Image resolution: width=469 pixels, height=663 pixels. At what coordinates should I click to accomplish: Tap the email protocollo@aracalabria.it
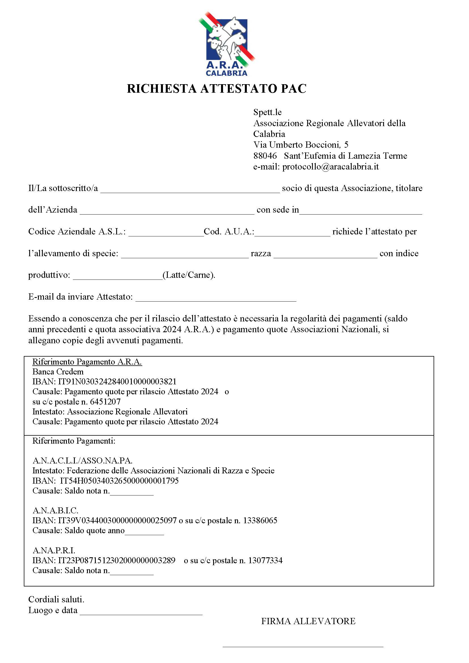tap(330, 167)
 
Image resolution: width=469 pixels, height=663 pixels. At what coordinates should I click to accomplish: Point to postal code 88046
tap(265, 156)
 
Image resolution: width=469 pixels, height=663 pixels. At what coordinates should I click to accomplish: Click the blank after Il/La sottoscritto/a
tap(190, 189)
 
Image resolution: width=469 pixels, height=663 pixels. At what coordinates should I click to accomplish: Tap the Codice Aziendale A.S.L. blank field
tap(166, 232)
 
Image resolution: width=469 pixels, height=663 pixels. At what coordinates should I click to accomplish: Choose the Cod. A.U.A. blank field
tap(292, 232)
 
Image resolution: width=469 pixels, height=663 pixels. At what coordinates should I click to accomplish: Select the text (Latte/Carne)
tap(189, 275)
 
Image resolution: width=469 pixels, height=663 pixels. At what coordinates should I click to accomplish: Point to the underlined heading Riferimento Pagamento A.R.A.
tap(87, 362)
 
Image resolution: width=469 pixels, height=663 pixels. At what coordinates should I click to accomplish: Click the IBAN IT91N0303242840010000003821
tap(117, 382)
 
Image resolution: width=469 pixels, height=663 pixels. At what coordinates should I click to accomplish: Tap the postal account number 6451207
tap(105, 402)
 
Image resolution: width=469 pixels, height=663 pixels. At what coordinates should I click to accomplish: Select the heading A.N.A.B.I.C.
tap(56, 511)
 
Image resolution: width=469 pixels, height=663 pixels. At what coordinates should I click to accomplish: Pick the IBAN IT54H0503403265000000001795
tap(119, 481)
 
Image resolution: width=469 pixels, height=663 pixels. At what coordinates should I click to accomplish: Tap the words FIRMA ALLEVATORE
tap(308, 621)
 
